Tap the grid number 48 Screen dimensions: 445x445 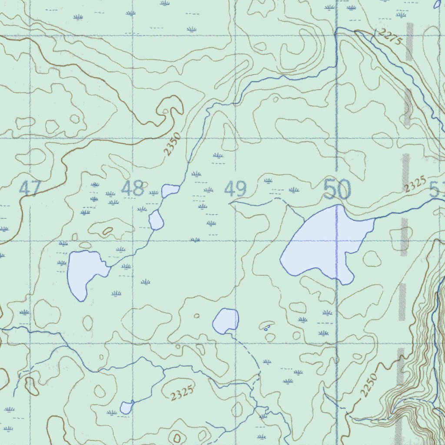pyautogui.click(x=133, y=189)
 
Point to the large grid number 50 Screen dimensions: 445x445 pyautogui.click(x=337, y=190)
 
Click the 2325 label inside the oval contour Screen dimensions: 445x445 pyautogui.click(x=181, y=394)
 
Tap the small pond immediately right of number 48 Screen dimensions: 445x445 pyautogui.click(x=170, y=190)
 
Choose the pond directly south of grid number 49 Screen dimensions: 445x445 pyautogui.click(x=226, y=321)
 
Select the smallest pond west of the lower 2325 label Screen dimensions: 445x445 pyautogui.click(x=126, y=408)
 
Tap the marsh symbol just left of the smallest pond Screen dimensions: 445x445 pyautogui.click(x=112, y=412)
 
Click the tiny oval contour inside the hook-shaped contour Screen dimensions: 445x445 pyautogui.click(x=165, y=111)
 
